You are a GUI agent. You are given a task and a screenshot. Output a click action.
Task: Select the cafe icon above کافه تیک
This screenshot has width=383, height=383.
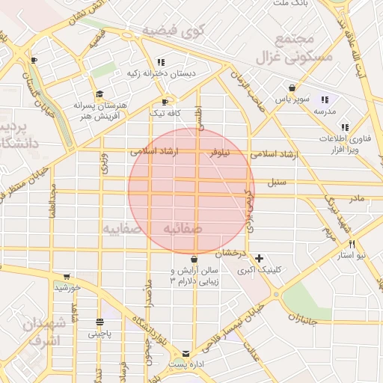pyautogui.click(x=165, y=102)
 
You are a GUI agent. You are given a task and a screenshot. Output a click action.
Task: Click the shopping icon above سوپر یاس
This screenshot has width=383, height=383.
pyautogui.click(x=281, y=88)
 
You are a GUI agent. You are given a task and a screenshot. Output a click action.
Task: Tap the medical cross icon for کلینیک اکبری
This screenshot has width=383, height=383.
pyautogui.click(x=259, y=258)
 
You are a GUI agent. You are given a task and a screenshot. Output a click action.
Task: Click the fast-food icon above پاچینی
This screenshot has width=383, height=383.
pyautogui.click(x=99, y=322)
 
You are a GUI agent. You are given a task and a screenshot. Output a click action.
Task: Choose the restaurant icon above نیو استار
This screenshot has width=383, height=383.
pyautogui.click(x=352, y=244)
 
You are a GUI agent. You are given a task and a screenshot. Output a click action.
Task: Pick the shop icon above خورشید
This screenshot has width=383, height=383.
pyautogui.click(x=67, y=276)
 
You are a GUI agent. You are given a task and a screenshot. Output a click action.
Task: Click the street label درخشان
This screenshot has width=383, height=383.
pyautogui.click(x=233, y=254)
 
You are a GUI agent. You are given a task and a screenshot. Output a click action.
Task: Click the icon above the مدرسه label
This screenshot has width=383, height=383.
pyautogui.click(x=325, y=99)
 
